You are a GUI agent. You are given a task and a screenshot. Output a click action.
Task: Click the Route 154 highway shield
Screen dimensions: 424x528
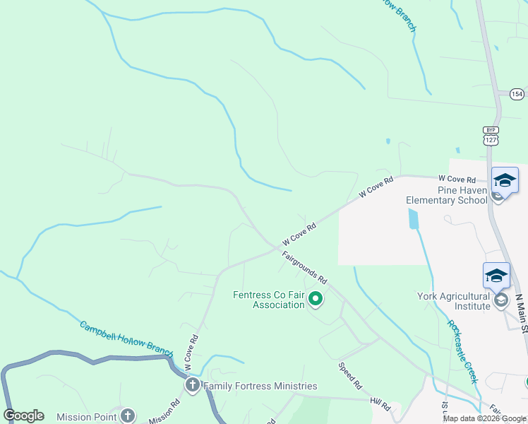tap(517, 93)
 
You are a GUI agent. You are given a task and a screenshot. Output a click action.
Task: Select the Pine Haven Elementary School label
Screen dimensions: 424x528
tap(446, 195)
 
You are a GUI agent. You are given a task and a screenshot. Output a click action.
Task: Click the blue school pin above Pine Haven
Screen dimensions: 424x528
tap(505, 180)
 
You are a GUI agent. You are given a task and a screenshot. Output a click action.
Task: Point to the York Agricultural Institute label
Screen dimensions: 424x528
tap(453, 301)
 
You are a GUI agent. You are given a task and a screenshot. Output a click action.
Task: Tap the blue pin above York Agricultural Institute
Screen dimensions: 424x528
tap(496, 276)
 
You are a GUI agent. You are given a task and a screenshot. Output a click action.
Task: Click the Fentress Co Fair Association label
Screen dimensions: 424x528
tap(269, 300)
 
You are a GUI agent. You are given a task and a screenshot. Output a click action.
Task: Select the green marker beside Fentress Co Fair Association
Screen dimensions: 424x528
tap(316, 300)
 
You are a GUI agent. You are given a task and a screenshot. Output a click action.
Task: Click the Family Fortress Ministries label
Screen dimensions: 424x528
tap(260, 386)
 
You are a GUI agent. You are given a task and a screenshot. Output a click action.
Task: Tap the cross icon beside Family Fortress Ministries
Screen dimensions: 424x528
tap(192, 386)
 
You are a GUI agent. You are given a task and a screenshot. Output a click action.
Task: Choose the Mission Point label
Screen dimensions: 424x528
tap(86, 416)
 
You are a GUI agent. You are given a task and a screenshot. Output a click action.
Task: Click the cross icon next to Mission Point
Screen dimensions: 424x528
tap(127, 416)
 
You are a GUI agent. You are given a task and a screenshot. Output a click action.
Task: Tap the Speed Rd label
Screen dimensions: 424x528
tap(349, 376)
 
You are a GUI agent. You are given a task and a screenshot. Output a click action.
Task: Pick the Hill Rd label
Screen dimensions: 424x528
tap(380, 405)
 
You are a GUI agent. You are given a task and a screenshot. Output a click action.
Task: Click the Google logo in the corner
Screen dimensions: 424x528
tap(24, 416)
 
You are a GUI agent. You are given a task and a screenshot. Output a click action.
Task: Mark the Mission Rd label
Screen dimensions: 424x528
tap(164, 412)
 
